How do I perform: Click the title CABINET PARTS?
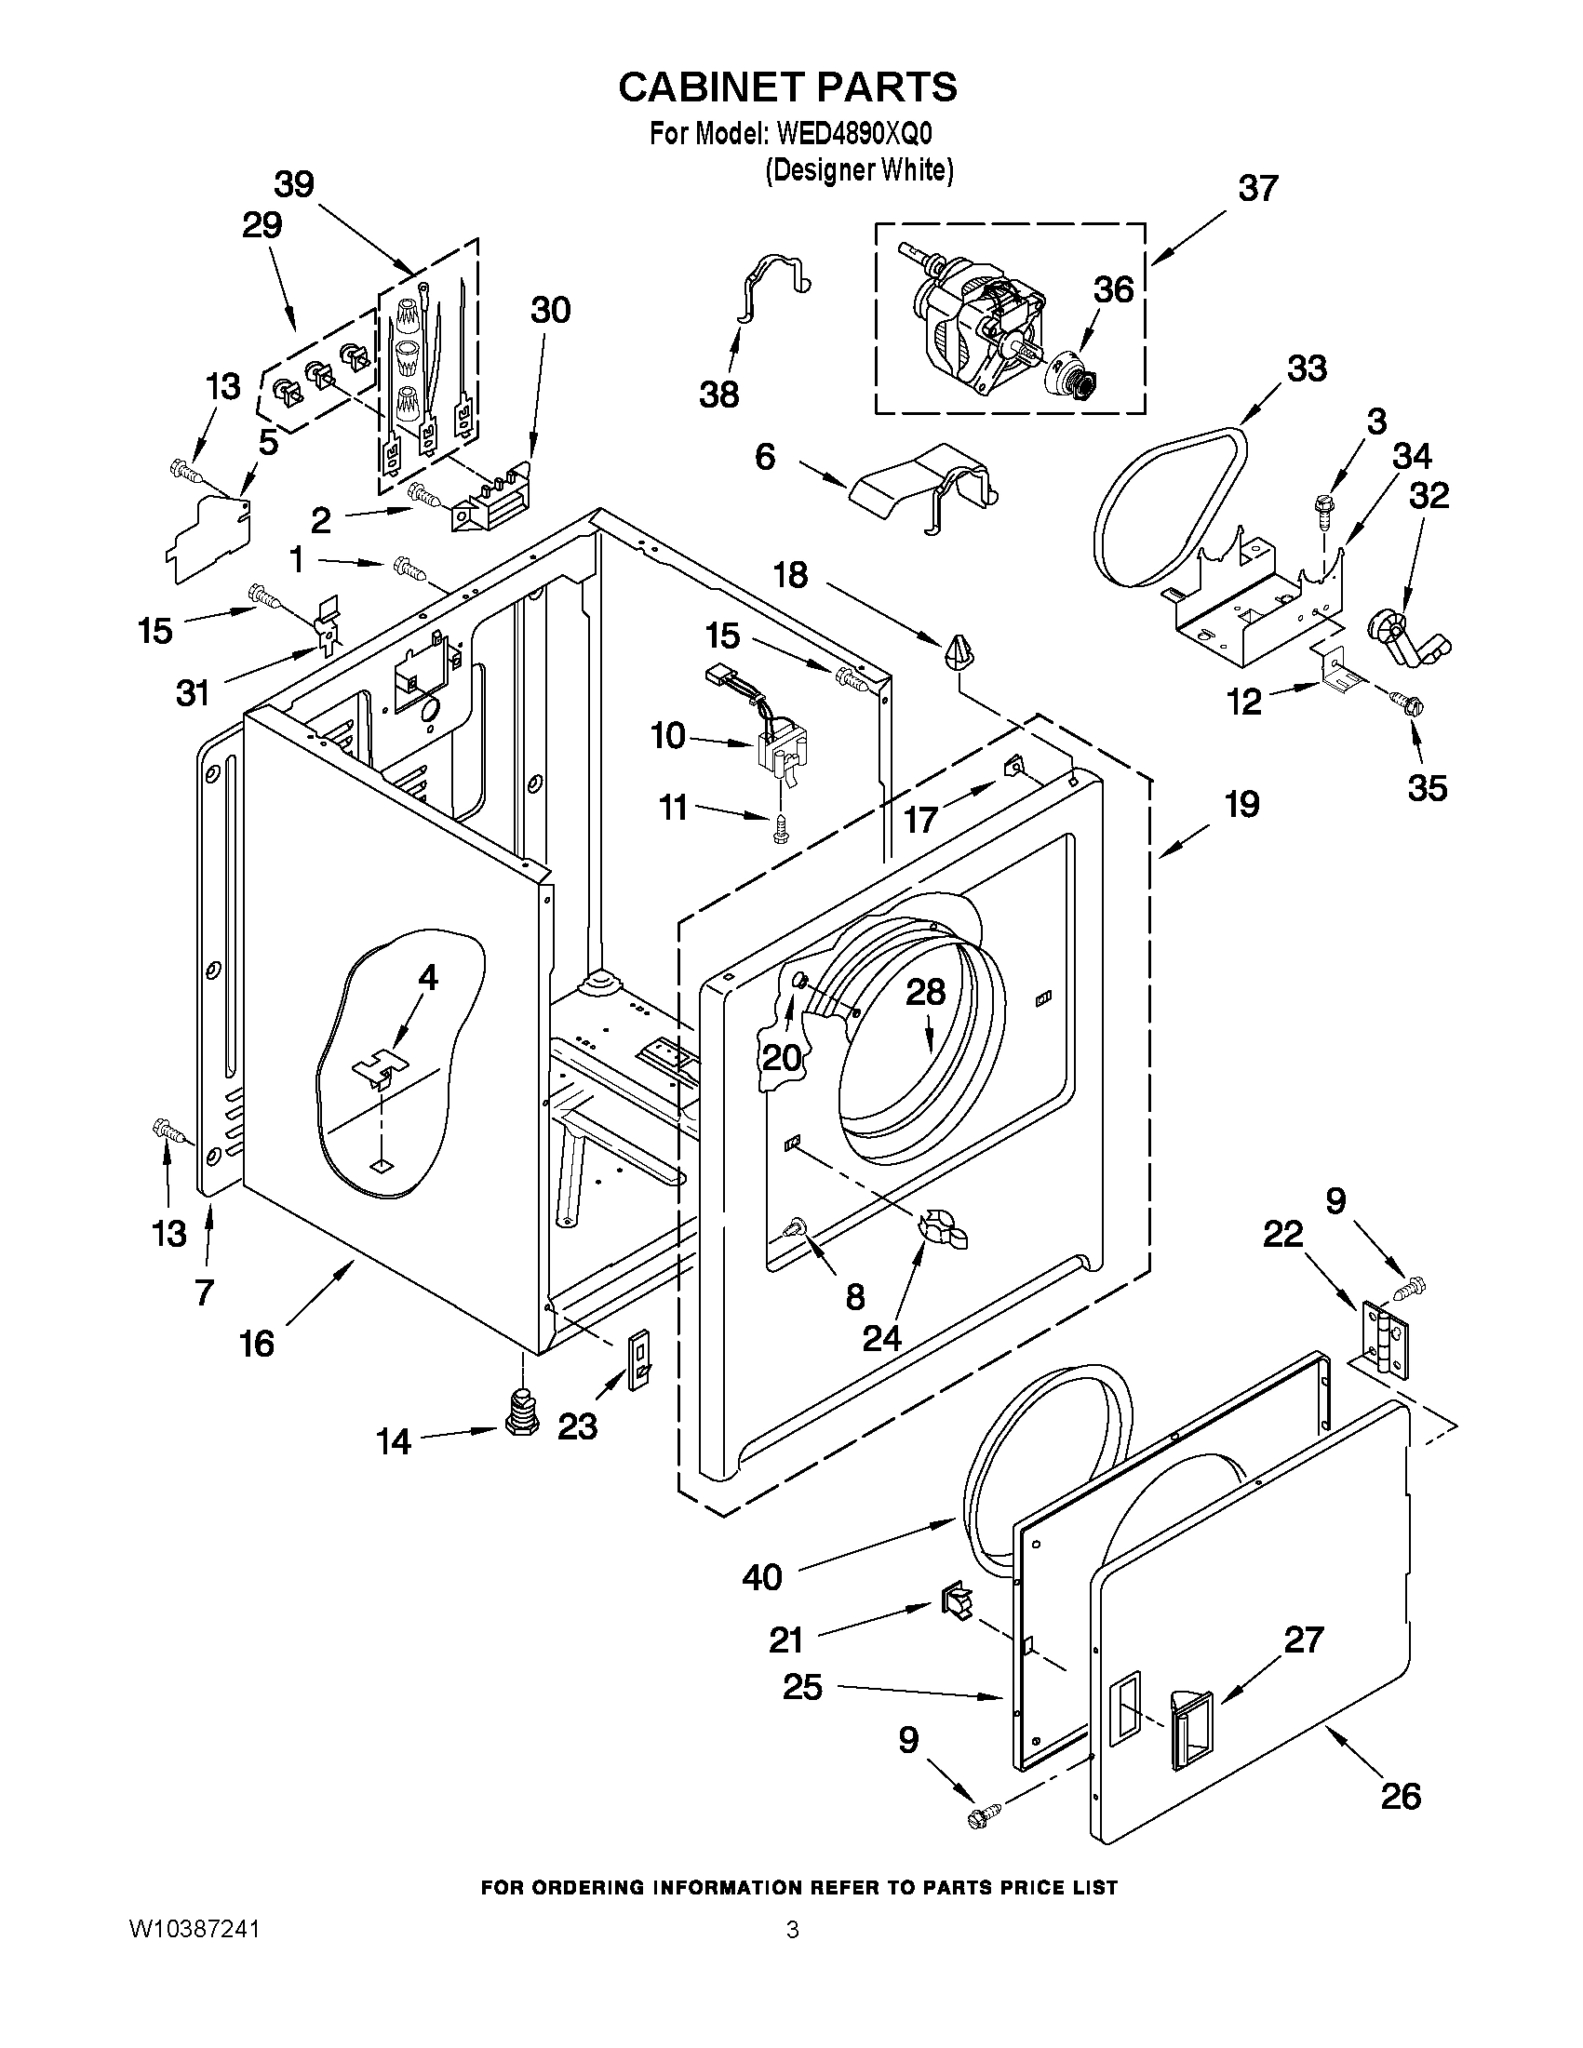click(x=787, y=87)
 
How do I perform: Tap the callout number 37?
click(x=1257, y=189)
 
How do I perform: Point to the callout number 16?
click(x=257, y=1344)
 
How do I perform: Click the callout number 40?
click(x=761, y=1577)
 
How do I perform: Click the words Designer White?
click(x=858, y=170)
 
